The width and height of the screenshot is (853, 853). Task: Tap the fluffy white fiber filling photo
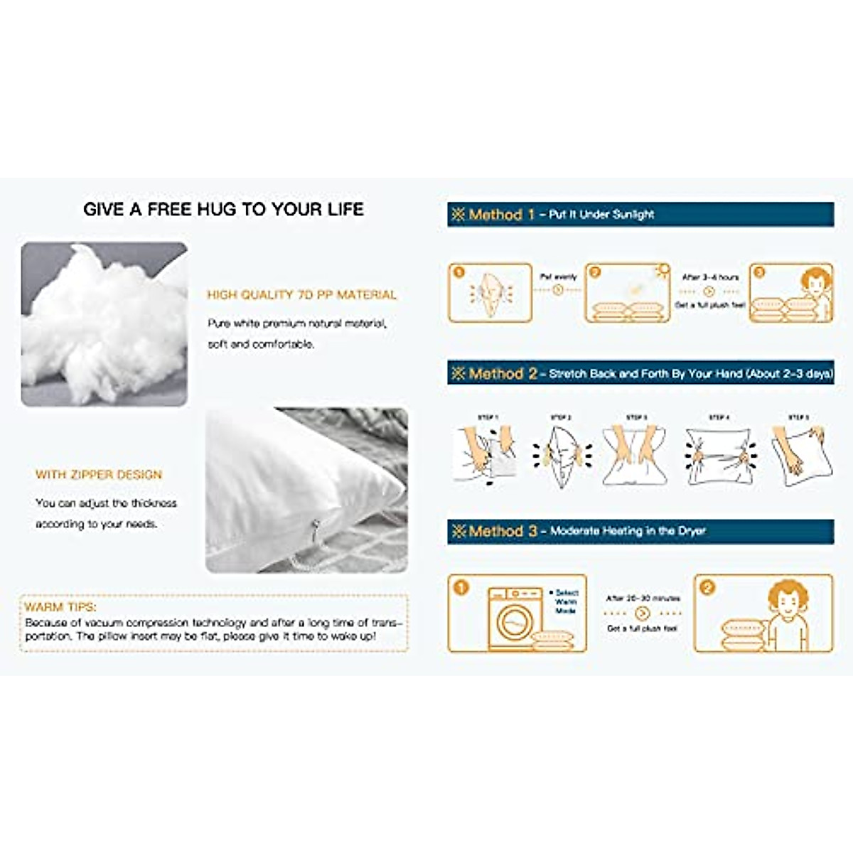click(x=104, y=324)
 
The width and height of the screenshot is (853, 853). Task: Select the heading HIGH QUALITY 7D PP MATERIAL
click(x=301, y=295)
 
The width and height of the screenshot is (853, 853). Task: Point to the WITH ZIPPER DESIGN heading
click(x=99, y=475)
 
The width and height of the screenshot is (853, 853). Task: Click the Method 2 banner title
click(x=502, y=374)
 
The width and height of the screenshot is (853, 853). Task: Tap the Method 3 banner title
click(x=502, y=531)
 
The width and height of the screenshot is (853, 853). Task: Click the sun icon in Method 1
click(x=663, y=270)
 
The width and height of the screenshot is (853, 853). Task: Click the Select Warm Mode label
click(x=566, y=601)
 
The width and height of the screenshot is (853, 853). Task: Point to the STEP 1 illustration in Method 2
click(x=485, y=455)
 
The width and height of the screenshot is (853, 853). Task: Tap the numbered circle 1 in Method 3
click(x=461, y=588)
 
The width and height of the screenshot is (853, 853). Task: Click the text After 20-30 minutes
click(x=643, y=599)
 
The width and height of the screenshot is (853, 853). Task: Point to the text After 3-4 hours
click(x=710, y=277)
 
